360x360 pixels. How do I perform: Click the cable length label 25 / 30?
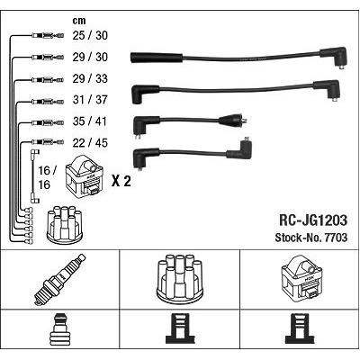coord(90,35)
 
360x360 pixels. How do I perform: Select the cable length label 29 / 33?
coord(90,78)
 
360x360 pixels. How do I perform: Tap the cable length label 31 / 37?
coord(90,100)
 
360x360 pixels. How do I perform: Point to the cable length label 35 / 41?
coord(90,121)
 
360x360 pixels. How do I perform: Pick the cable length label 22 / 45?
coord(90,143)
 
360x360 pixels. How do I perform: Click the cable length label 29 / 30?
coord(90,57)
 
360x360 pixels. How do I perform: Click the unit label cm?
coord(79,21)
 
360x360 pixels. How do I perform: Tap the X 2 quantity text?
coord(121,181)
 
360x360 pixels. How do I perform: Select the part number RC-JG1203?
coord(313,220)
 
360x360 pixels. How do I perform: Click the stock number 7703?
coord(335,238)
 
